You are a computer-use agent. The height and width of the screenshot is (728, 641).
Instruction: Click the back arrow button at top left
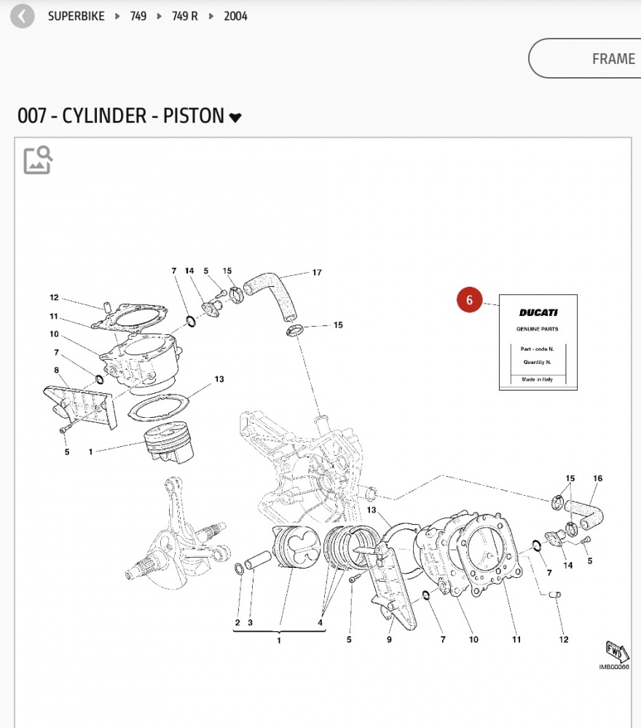tap(23, 16)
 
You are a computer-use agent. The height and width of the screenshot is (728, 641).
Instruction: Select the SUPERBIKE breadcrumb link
tap(76, 16)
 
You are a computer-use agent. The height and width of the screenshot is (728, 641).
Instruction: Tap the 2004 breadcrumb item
tap(235, 16)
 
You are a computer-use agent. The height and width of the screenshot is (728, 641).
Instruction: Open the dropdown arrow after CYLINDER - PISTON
tap(235, 118)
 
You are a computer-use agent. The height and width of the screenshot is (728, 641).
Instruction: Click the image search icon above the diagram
tap(38, 159)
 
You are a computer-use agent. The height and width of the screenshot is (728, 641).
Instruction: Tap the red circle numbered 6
tap(470, 300)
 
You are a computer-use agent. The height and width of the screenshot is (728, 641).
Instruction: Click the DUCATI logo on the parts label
tap(538, 313)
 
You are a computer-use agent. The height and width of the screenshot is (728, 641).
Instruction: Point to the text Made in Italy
tap(538, 380)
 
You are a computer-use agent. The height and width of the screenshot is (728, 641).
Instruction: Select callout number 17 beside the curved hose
tap(317, 273)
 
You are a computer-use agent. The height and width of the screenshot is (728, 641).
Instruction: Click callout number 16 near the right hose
tap(598, 478)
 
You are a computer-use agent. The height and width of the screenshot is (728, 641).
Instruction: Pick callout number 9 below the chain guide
tap(390, 640)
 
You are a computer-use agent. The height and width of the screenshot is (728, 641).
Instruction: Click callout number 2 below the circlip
tap(237, 622)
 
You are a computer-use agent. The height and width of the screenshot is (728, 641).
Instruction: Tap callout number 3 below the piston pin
tap(250, 622)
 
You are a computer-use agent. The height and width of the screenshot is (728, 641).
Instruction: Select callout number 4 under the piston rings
tap(320, 622)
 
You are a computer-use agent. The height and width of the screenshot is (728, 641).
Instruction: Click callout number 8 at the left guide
tap(56, 370)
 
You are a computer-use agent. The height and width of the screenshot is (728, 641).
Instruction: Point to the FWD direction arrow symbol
tap(616, 650)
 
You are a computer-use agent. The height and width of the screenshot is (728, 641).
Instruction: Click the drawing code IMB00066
tap(613, 667)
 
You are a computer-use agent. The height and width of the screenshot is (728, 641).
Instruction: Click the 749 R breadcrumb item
tap(184, 16)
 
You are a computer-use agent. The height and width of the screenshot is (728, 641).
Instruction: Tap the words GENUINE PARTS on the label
tap(538, 329)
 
